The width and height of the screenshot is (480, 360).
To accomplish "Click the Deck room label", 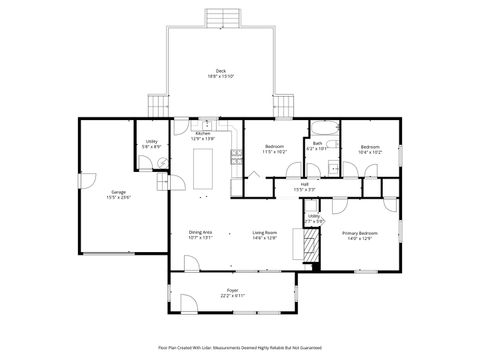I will tap(221, 72).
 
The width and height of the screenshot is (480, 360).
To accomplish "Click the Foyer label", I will tap(232, 292).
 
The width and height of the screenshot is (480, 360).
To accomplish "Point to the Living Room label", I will tap(264, 235).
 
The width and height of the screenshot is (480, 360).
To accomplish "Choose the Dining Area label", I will tap(201, 235).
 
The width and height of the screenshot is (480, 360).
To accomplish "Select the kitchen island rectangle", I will tap(208, 164).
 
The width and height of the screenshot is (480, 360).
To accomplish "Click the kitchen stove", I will tap(235, 155).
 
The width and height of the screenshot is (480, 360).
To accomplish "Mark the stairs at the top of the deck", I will tap(221, 18).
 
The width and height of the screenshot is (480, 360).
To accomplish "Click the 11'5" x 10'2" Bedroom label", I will tap(275, 150).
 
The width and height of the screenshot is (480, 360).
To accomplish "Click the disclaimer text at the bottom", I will tap(240, 349).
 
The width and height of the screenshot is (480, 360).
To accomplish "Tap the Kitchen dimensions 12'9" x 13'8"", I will tap(203, 138).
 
